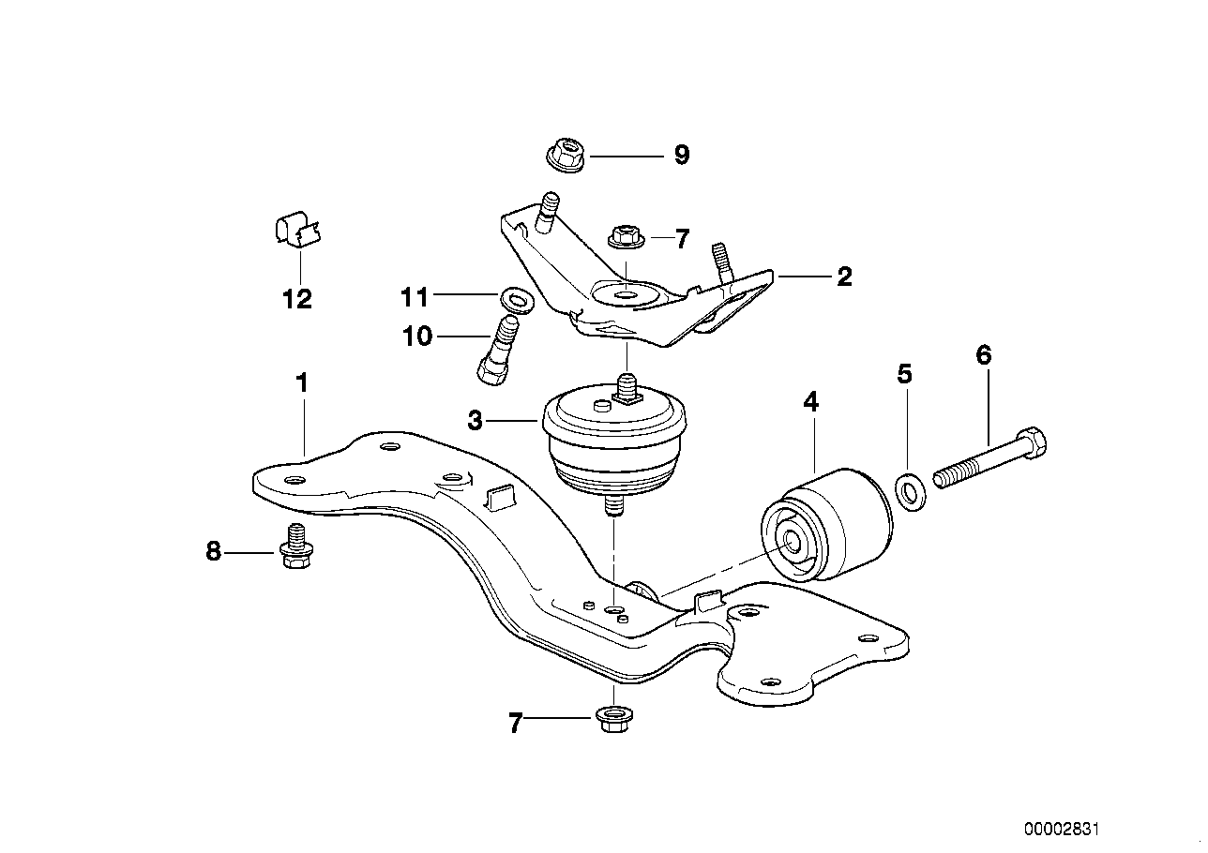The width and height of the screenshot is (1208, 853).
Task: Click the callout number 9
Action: (x=681, y=155)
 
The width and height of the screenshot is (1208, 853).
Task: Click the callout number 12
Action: (x=297, y=299)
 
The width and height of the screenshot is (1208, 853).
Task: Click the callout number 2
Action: (x=843, y=277)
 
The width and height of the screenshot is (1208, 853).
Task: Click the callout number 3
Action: (x=476, y=422)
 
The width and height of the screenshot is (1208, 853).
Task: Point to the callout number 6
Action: (x=983, y=355)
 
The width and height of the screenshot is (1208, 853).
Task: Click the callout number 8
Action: (x=213, y=551)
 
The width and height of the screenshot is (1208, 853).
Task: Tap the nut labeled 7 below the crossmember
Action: (x=612, y=721)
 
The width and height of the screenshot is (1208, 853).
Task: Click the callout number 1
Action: (x=302, y=382)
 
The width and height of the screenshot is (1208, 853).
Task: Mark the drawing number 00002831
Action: (x=1061, y=830)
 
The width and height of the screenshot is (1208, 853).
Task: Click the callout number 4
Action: (x=810, y=402)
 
